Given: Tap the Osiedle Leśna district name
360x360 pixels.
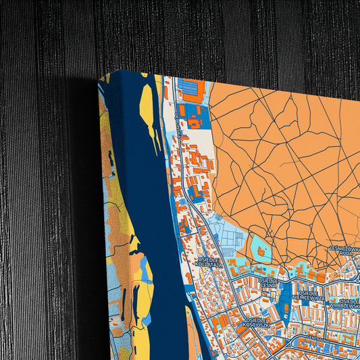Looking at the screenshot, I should click(x=268, y=283).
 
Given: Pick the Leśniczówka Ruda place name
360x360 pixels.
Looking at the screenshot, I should click(x=344, y=251).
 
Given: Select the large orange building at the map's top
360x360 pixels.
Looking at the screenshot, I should click(x=192, y=90).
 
